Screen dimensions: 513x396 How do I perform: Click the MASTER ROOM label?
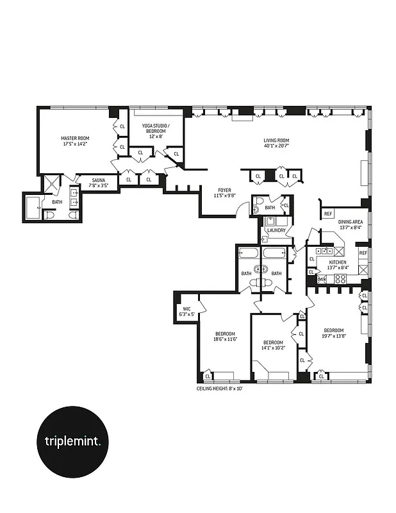coord(75,138)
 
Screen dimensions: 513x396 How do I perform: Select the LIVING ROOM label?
coord(277,140)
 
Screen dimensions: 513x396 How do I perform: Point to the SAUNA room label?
coord(98,180)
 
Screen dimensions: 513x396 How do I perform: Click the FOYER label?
coord(224,189)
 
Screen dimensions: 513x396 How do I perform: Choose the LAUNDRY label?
coord(276,230)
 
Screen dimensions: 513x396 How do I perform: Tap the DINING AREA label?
coord(351,221)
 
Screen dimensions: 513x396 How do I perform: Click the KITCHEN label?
coord(338,263)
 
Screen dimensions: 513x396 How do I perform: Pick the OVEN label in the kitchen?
coord(322,279)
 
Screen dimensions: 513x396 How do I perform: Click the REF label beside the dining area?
coord(327,214)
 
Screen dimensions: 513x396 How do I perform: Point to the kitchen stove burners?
coord(340,279)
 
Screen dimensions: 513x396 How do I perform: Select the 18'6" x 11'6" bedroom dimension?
coord(225,339)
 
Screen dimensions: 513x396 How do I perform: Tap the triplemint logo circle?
coord(77,441)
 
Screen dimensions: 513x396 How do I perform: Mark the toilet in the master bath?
coord(49,216)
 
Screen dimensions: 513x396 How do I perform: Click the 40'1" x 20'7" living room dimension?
coord(277,146)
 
